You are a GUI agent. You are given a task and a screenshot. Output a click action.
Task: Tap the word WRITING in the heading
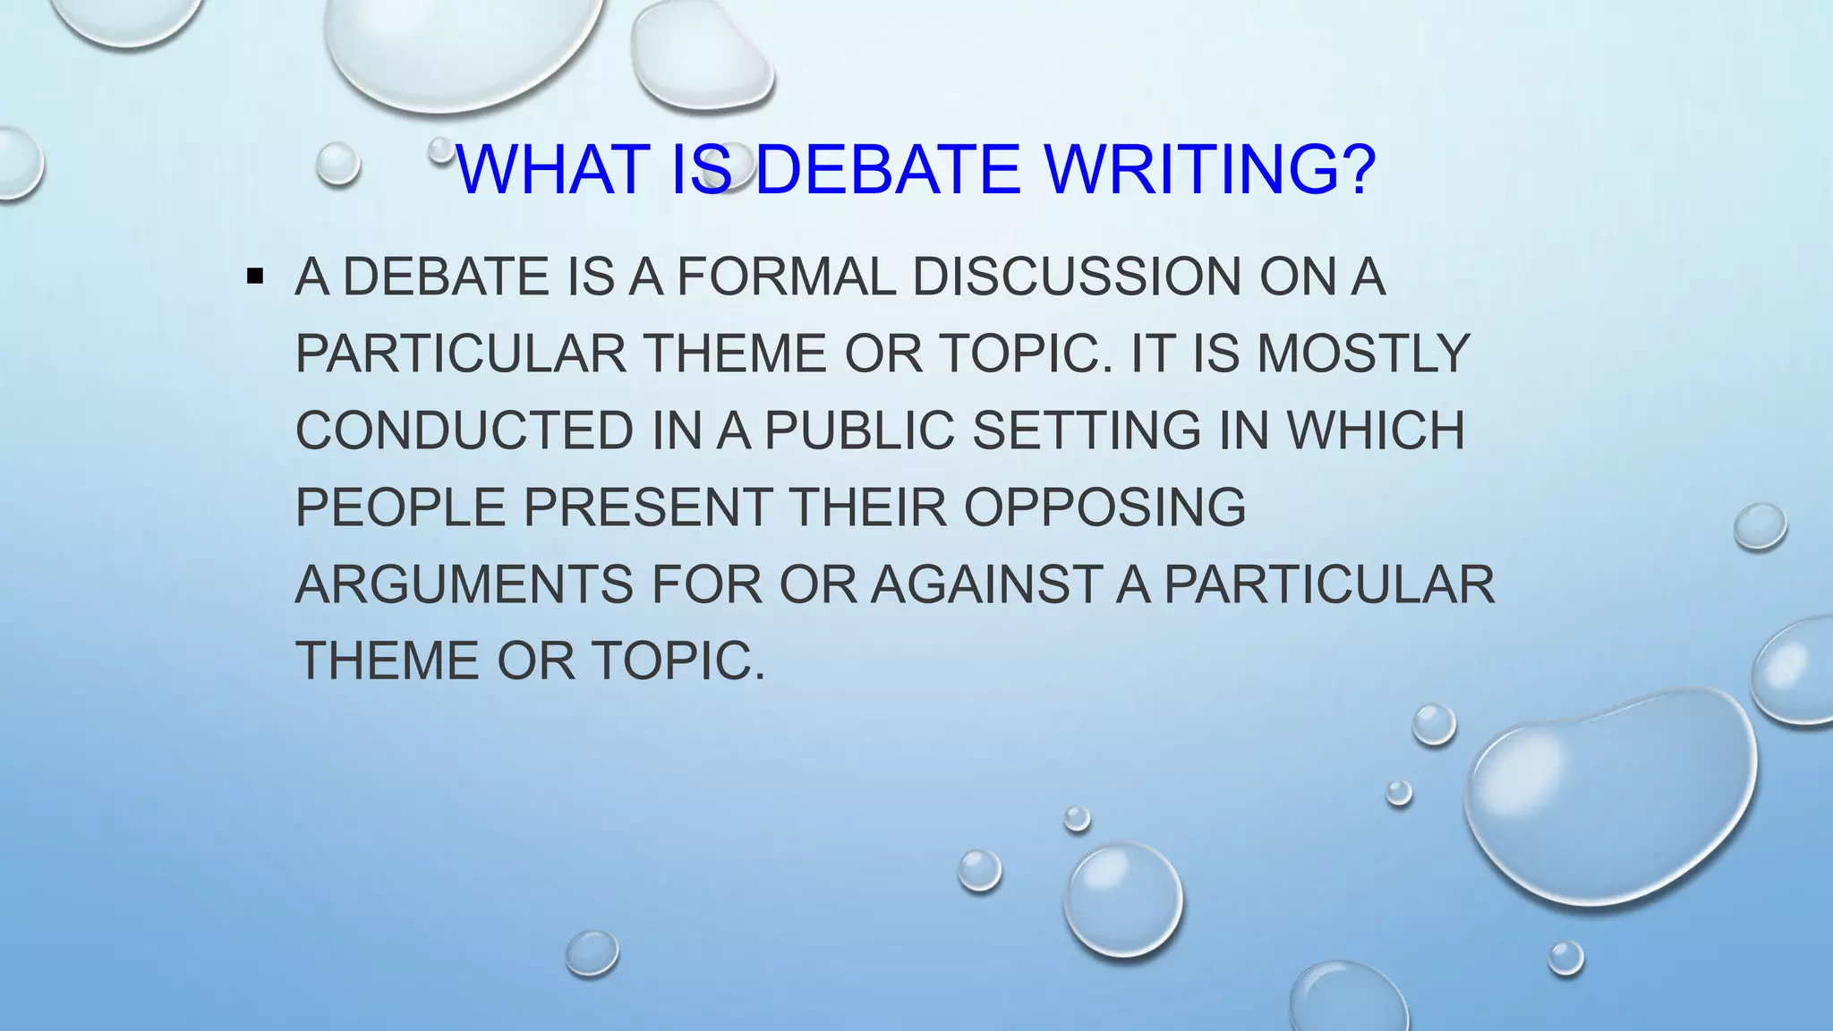coord(1185,170)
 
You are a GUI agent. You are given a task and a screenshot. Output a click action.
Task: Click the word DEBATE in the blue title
coord(887,170)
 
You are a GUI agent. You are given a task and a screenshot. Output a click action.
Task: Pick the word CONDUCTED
coord(465,430)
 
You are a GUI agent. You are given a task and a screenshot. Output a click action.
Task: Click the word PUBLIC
coord(859,430)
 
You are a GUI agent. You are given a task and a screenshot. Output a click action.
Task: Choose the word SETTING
coord(1086,430)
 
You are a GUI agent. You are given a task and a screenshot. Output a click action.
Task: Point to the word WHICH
coord(1375,430)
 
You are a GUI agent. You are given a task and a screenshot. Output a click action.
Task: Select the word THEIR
coord(867,507)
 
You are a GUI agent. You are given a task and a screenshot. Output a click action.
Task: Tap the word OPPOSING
coord(1104,507)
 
